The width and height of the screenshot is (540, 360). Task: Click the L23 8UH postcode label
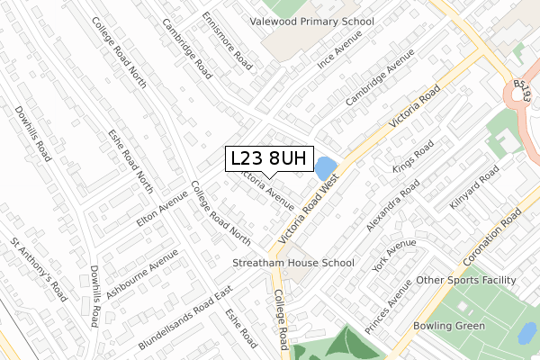(x=267, y=159)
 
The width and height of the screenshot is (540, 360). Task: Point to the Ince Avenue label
(x=339, y=49)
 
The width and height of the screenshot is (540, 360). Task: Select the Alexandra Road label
(x=393, y=204)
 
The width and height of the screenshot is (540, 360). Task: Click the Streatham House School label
(x=293, y=264)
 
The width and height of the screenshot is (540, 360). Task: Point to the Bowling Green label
(x=449, y=325)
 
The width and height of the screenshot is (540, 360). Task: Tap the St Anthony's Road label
(x=40, y=269)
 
